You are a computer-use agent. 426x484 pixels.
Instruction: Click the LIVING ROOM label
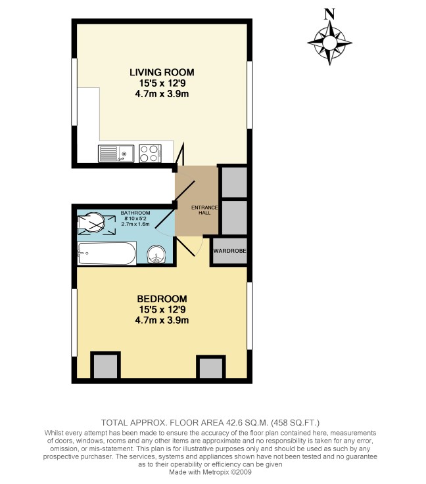[x=162, y=72]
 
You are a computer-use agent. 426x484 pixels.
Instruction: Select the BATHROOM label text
[x=135, y=213]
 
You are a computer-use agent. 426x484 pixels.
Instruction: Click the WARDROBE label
[x=229, y=251]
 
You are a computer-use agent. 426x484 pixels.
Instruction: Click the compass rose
[x=329, y=43]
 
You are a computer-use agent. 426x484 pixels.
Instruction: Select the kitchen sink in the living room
[x=116, y=154]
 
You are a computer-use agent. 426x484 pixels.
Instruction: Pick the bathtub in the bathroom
[x=106, y=253]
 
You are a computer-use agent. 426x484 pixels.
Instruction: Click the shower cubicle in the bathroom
[x=91, y=224]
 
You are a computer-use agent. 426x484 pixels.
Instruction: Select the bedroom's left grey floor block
[x=105, y=366]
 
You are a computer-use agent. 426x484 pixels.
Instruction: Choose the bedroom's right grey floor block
[x=211, y=368]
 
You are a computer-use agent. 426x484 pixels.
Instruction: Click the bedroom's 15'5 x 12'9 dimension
[x=162, y=309]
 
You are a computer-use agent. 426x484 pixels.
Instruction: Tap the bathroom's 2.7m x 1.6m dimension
[x=135, y=225]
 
